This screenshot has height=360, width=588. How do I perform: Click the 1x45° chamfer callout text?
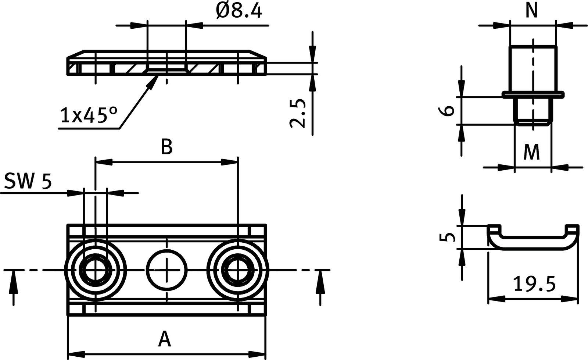click(88, 115)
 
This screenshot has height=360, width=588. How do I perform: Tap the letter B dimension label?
click(166, 147)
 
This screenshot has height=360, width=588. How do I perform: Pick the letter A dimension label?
click(165, 339)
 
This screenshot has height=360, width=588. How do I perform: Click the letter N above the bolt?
click(531, 11)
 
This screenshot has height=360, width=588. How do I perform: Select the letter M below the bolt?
click(531, 152)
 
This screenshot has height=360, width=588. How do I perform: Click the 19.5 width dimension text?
click(534, 284)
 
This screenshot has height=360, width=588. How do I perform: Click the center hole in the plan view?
click(166, 270)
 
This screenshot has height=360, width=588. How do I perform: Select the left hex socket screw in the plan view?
click(95, 270)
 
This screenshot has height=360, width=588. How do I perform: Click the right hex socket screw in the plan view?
click(238, 270)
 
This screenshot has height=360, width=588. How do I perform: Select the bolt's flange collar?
click(532, 95)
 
